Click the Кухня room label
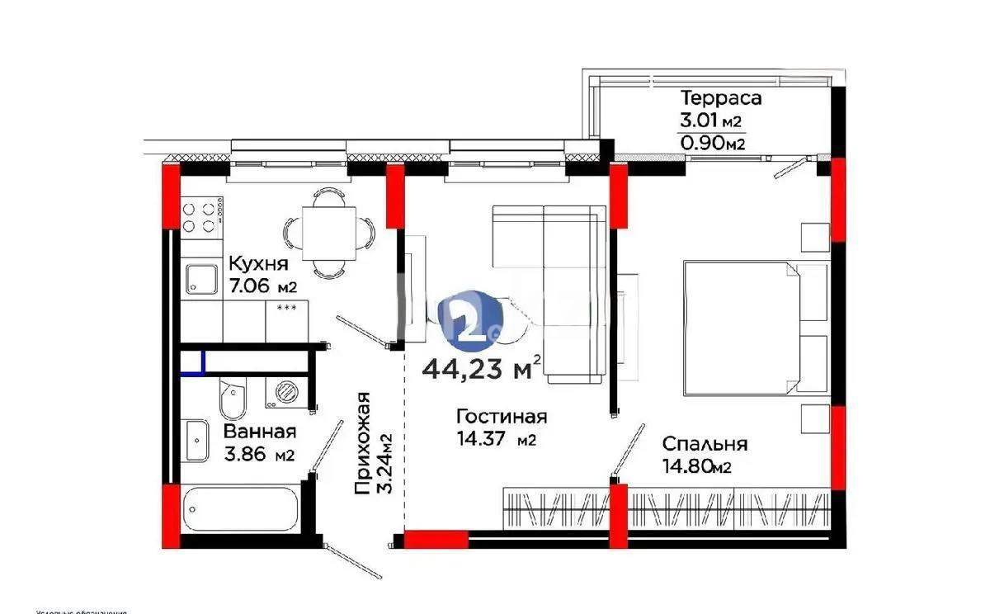(257, 265)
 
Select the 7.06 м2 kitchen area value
(262, 286)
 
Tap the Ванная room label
(260, 432)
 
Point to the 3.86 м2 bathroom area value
(260, 455)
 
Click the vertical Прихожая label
(361, 444)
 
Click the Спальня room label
(705, 444)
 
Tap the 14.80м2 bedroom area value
(697, 467)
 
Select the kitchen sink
(200, 279)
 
